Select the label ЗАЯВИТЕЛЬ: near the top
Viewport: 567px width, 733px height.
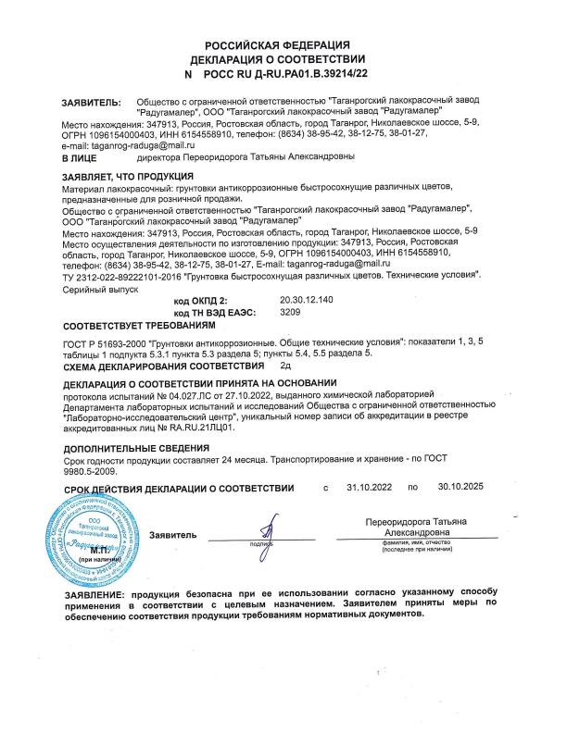click(x=90, y=103)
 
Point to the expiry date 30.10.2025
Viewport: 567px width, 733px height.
click(x=460, y=488)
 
